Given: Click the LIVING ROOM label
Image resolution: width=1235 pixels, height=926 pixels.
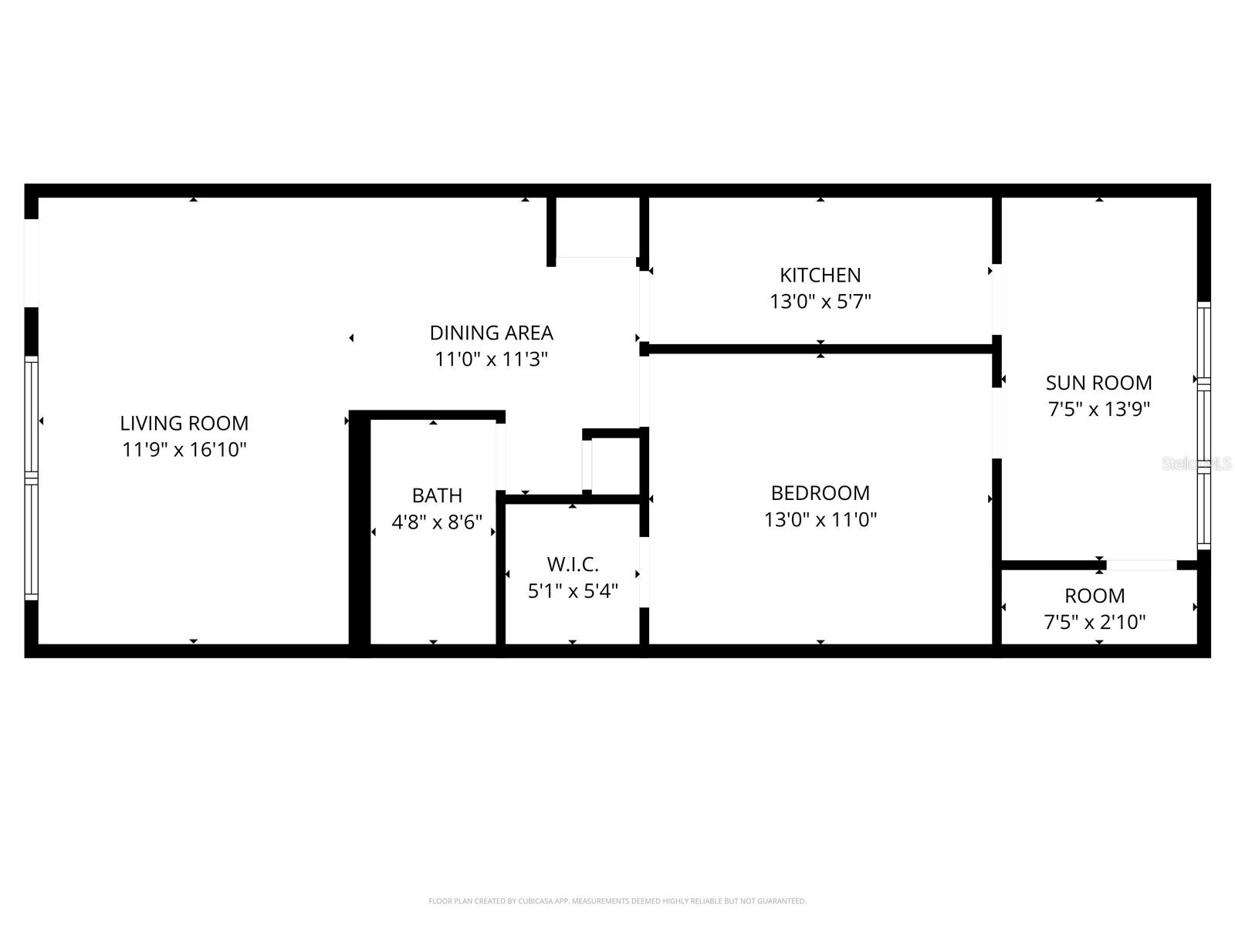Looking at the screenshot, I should tap(184, 423).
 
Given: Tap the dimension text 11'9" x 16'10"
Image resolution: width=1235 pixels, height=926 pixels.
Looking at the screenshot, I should tap(184, 449).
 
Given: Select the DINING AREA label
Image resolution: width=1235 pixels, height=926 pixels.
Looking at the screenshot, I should tap(491, 333).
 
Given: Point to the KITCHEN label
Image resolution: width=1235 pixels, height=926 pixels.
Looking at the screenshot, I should tap(820, 275).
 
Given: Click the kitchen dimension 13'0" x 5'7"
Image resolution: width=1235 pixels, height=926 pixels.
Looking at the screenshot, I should tap(820, 301).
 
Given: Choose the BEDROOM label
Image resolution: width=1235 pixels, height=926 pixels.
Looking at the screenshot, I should tap(820, 492).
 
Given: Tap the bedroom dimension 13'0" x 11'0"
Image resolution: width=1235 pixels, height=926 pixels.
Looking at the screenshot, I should tap(820, 519).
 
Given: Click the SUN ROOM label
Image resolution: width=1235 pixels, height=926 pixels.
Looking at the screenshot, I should tap(1098, 382).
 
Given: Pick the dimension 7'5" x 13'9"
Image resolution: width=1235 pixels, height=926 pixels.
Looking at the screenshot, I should tap(1098, 409).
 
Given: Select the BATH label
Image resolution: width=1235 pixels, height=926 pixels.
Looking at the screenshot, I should tap(437, 495).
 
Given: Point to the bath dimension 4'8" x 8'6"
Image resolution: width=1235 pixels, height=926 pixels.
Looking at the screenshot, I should tap(437, 522).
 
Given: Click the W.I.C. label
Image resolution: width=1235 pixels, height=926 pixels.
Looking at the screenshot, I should tap(572, 564).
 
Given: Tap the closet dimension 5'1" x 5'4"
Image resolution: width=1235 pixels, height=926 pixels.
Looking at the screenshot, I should tap(572, 591).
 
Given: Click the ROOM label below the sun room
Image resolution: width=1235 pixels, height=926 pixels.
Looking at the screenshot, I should tap(1095, 596).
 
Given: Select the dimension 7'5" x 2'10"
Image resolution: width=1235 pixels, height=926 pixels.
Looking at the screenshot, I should tap(1095, 622).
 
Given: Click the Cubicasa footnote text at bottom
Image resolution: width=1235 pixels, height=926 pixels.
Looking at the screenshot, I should tap(617, 901).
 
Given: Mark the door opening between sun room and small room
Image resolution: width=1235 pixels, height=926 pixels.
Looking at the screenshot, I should tap(1142, 566).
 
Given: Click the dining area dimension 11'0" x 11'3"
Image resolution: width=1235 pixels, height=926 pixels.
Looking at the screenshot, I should tap(491, 359).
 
